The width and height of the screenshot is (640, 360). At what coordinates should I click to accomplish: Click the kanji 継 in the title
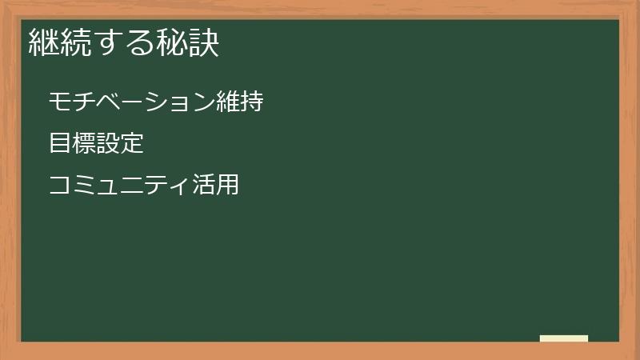coord(42,42)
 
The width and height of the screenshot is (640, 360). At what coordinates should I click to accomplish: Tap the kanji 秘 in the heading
coord(171,42)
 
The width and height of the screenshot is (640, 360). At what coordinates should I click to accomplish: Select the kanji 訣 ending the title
coord(203,42)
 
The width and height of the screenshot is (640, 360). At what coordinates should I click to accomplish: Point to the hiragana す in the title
coord(108,42)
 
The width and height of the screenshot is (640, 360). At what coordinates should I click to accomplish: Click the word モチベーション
coord(131,102)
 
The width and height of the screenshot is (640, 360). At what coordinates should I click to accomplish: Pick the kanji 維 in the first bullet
coord(227,102)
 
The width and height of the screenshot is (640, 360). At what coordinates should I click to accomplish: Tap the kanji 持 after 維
coord(251,102)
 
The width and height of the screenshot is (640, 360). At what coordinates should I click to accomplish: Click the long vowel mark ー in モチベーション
coord(131,102)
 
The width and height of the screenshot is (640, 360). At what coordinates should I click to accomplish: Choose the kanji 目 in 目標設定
coord(60,144)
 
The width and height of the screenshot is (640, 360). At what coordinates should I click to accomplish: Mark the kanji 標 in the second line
coord(84,144)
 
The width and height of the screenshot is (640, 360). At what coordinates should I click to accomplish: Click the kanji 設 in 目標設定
coord(108,144)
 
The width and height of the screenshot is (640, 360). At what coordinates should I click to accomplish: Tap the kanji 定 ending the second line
coord(132,144)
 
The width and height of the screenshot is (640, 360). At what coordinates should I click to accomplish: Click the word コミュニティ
coord(119,186)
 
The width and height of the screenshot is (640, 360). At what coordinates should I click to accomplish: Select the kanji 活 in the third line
coord(203,186)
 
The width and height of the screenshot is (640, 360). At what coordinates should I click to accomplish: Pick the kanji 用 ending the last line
coord(227,186)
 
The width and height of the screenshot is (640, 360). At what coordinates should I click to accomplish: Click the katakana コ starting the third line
coord(60,186)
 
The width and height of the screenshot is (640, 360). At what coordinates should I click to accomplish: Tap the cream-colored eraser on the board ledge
coord(564,338)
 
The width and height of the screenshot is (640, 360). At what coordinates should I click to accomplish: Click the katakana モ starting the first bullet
coord(60,102)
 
